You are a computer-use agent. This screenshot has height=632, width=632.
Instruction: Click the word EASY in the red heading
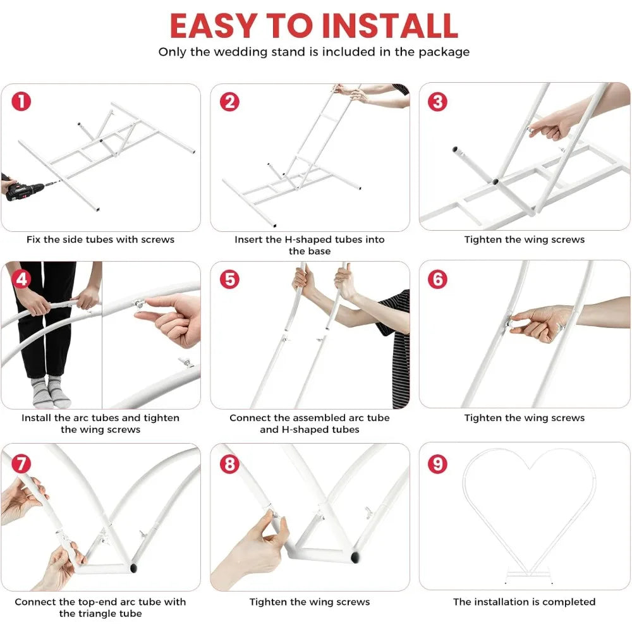point(214,26)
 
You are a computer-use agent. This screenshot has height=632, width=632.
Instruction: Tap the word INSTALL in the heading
point(390,26)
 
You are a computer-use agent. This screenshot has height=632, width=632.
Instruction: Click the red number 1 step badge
point(21,101)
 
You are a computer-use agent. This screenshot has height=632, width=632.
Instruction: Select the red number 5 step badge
point(230,279)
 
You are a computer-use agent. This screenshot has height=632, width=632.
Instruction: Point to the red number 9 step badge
point(438,464)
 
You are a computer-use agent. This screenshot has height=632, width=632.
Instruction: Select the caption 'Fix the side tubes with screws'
point(100,240)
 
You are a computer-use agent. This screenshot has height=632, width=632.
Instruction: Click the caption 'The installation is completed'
point(525,602)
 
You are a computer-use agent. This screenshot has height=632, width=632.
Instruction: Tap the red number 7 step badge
point(21,464)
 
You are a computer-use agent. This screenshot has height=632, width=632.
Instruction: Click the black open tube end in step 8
point(355,557)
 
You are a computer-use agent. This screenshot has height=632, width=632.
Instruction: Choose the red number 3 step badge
point(438,101)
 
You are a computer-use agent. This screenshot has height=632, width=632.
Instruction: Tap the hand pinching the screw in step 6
point(542,322)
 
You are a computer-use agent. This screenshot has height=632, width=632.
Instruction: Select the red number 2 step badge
point(230,101)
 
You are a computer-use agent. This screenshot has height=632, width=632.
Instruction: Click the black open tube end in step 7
point(133,568)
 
